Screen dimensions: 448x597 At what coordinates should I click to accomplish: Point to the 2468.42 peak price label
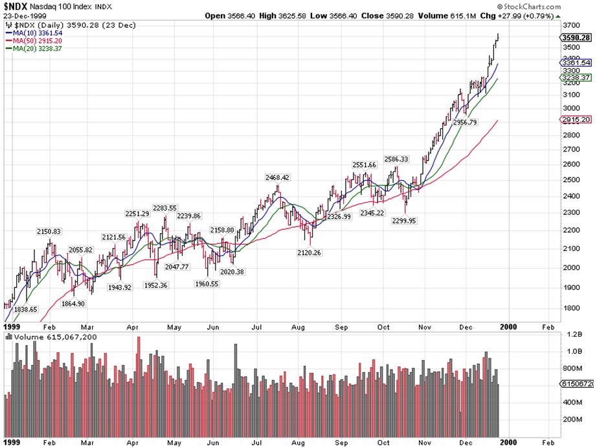point(276,177)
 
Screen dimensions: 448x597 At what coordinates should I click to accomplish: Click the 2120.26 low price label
point(308,252)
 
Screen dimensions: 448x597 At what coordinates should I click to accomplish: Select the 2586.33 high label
point(396,159)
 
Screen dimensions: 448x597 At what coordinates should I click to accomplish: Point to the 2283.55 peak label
point(164,208)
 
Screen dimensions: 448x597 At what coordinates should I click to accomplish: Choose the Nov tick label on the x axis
point(425,328)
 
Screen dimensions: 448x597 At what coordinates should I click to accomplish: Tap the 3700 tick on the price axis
point(572,25)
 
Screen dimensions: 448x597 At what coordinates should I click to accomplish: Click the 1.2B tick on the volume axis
point(573,335)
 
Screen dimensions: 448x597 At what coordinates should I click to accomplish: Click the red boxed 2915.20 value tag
point(577,120)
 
